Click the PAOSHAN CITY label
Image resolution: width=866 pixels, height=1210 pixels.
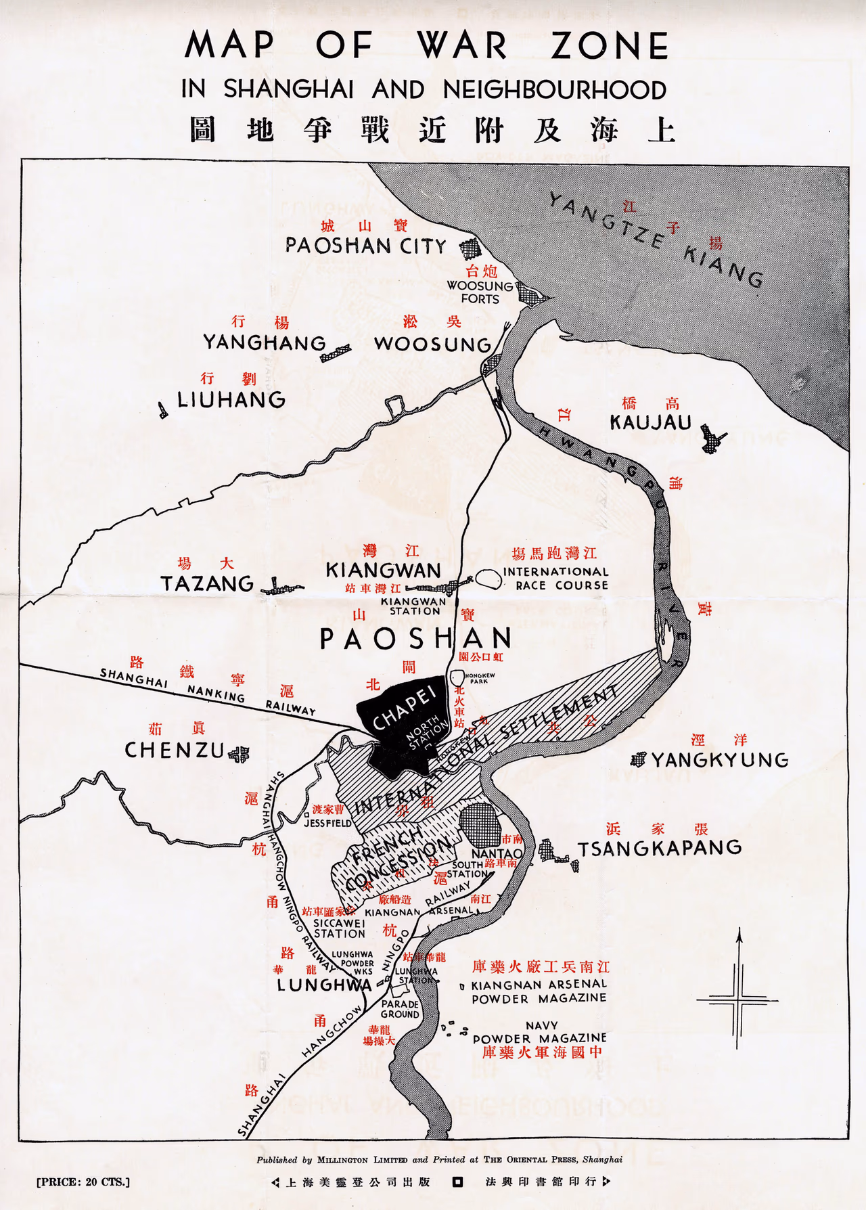[x=365, y=246]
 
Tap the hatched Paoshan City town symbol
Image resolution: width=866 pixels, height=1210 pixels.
[x=470, y=248]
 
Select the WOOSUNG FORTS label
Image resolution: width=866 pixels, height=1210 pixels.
[x=480, y=292]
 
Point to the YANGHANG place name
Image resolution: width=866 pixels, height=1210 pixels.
[x=265, y=342]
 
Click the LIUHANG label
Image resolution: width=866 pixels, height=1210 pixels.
[x=231, y=399]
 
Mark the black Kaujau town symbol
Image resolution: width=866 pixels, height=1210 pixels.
[x=712, y=439]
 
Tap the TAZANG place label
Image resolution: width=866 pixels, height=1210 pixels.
[x=207, y=583]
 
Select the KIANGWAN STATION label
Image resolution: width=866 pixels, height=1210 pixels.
[x=414, y=606]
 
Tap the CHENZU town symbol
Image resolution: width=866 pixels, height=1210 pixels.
[x=239, y=753]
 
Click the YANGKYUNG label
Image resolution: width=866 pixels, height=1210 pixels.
[x=720, y=760]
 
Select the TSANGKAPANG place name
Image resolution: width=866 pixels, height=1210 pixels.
[x=660, y=848]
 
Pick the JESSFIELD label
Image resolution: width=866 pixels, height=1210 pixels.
[x=327, y=824]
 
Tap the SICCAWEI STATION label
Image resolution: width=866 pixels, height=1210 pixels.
[x=339, y=928]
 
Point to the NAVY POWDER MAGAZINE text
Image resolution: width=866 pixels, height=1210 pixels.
[x=540, y=1032]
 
